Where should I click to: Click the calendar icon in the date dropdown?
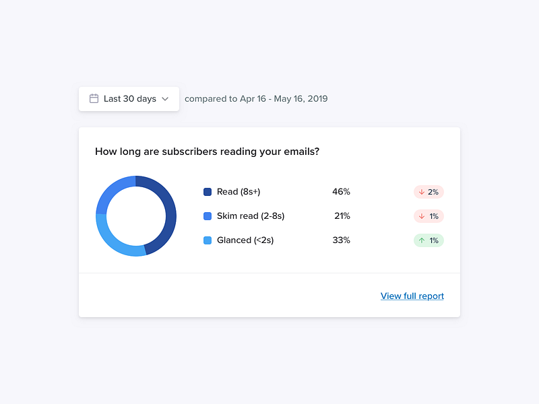coord(94,98)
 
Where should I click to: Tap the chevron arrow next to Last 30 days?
coord(165,99)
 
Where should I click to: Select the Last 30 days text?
coord(130,98)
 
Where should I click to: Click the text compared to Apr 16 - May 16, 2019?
coord(256,98)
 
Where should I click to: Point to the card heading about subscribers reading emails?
coord(207,151)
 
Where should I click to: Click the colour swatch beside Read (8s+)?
coord(208,192)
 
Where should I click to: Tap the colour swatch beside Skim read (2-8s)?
coord(208,216)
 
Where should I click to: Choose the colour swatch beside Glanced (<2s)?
coord(208,240)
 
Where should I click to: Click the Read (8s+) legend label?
coord(239,192)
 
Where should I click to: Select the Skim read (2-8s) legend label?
coord(251,216)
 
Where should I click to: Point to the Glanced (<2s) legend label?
coord(245,240)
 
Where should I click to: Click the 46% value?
coord(341,192)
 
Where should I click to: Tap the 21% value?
coord(342,216)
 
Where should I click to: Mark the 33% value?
coord(341,240)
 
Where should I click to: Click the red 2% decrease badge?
coord(429,192)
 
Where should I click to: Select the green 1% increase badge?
coord(429,240)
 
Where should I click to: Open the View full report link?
coord(412,296)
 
